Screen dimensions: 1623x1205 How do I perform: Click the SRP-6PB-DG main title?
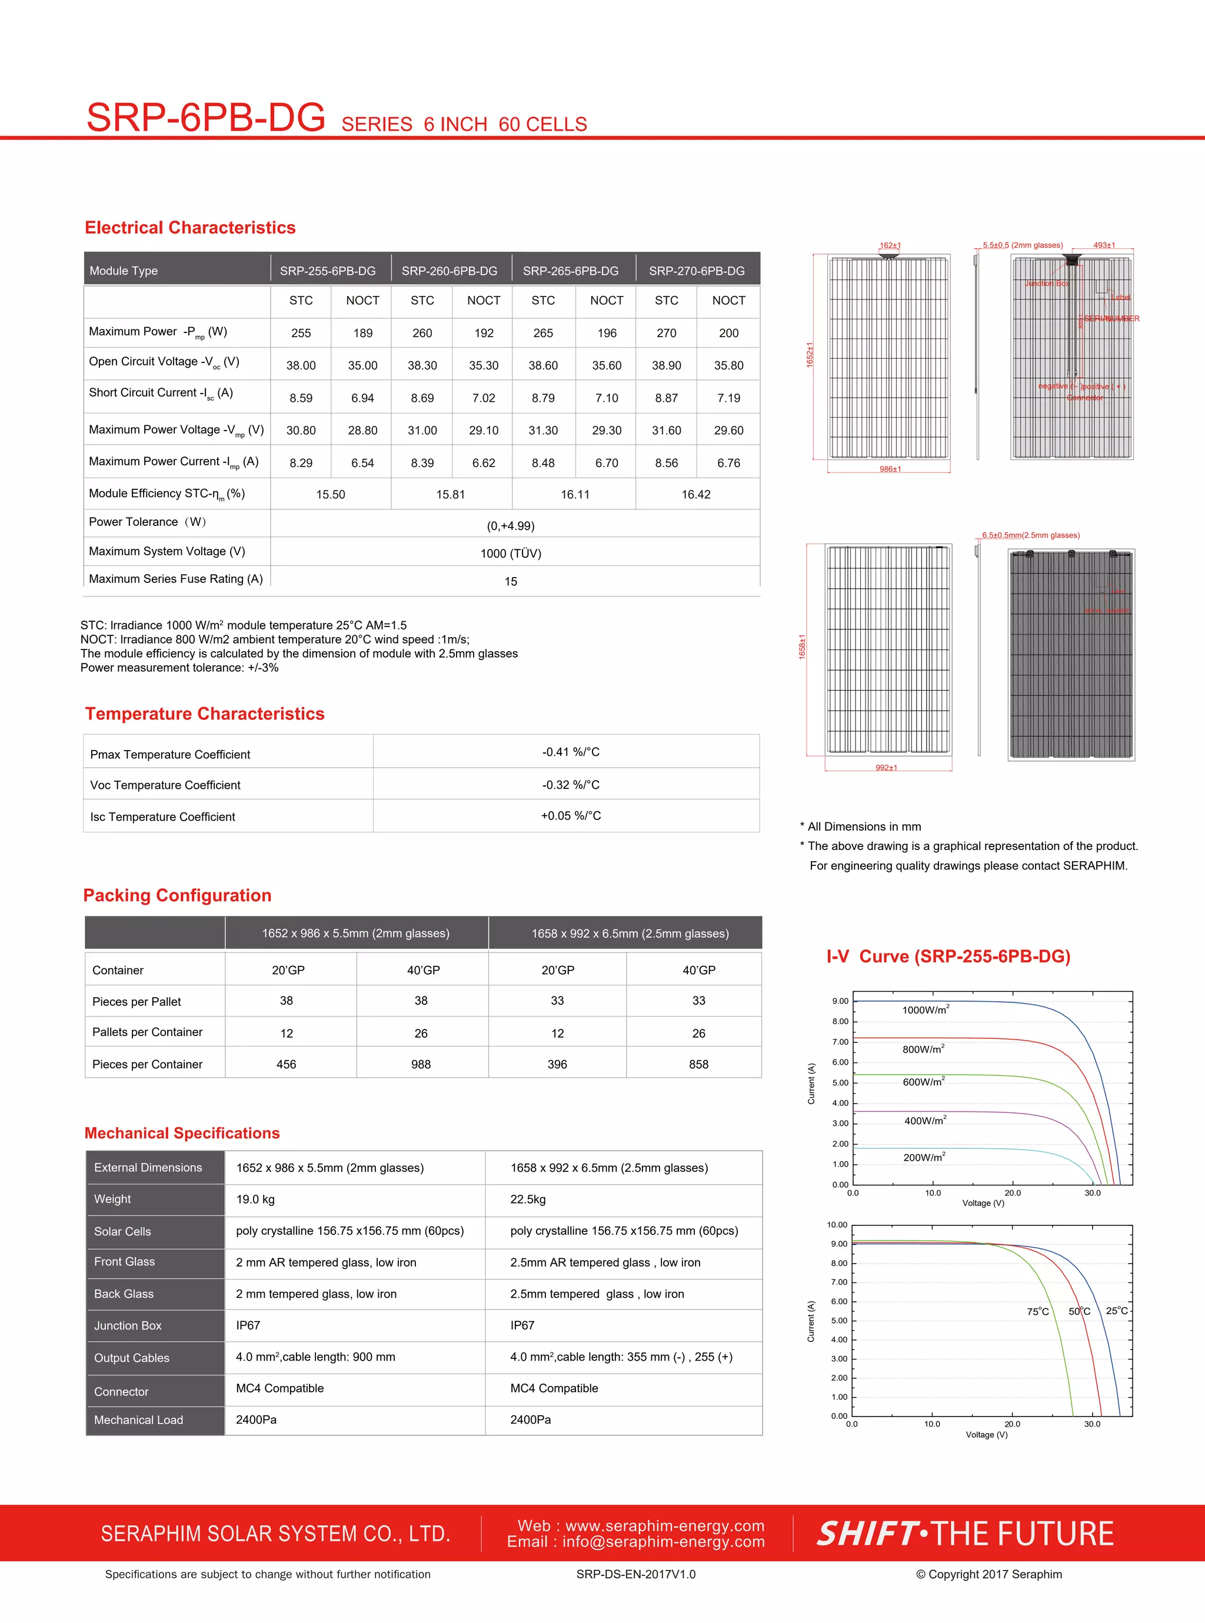pos(206,118)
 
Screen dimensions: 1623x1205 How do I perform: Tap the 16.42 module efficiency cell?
pos(696,494)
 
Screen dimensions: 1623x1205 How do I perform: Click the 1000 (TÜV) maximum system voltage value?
pos(511,554)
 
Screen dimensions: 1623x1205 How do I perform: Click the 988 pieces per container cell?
pos(421,1065)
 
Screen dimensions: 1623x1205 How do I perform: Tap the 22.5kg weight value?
pos(528,1199)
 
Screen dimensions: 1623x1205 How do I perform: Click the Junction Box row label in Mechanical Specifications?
pos(128,1325)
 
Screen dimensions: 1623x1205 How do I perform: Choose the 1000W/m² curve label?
pos(925,1010)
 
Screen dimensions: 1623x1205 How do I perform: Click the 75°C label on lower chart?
pos(1037,1312)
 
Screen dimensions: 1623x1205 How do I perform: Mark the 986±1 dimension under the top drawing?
pos(890,469)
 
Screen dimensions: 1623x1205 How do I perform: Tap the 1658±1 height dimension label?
pos(803,646)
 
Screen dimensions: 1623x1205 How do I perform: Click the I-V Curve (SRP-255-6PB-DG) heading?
pos(948,957)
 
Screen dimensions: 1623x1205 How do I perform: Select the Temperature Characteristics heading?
pos(204,714)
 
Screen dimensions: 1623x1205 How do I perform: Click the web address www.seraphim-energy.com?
pos(664,1526)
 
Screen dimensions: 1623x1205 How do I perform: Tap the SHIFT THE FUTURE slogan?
pos(965,1534)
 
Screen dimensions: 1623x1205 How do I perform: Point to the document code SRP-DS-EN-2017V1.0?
pos(635,1574)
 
